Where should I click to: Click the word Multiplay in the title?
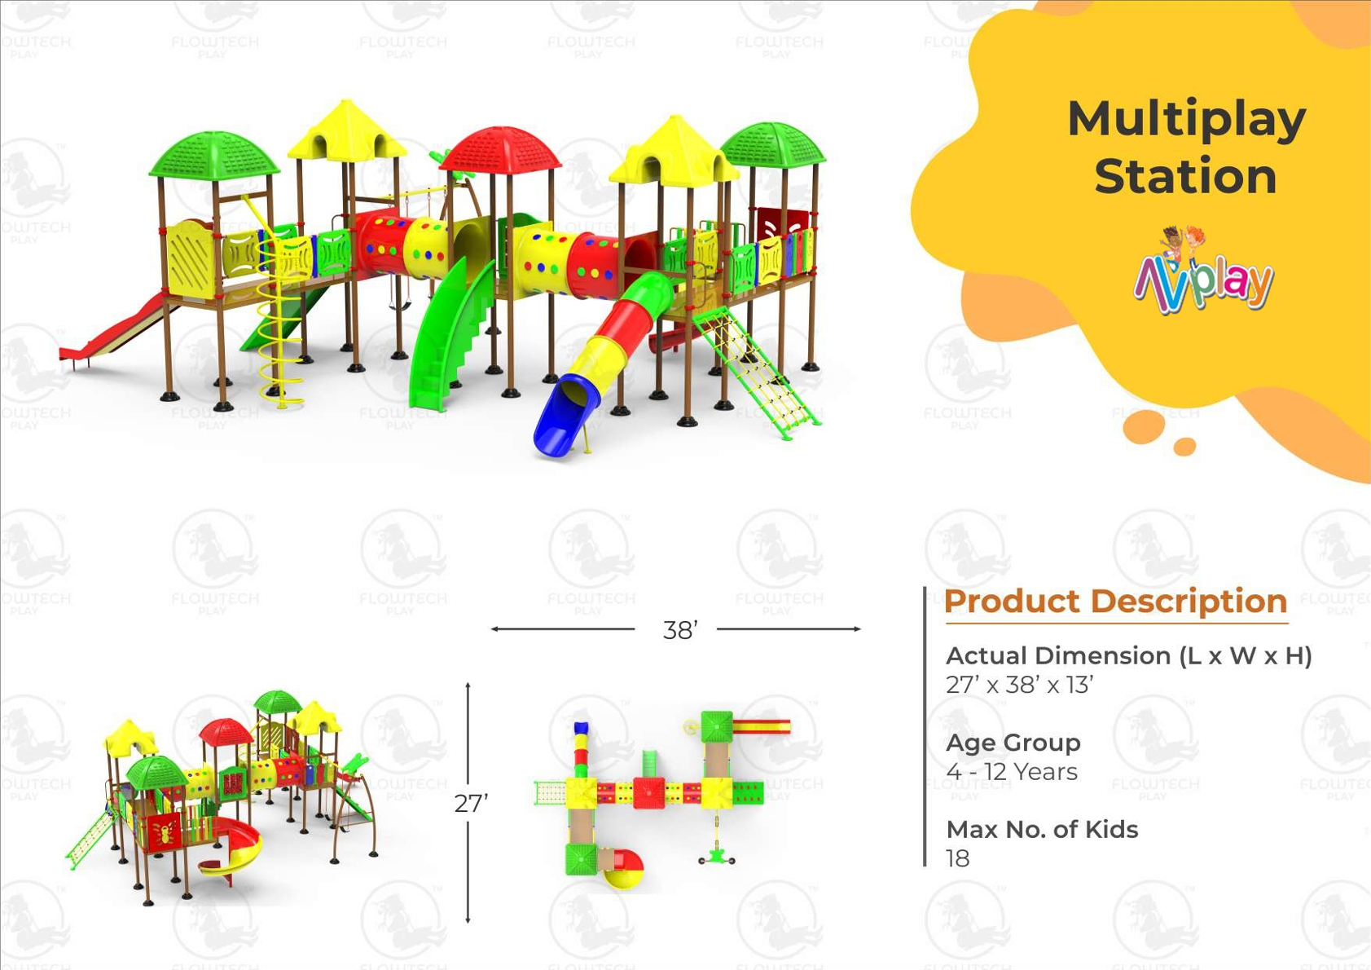pyautogui.click(x=1187, y=121)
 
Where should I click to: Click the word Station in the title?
pyautogui.click(x=1185, y=176)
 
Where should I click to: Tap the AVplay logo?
pyautogui.click(x=1202, y=271)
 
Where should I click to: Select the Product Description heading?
pyautogui.click(x=1116, y=601)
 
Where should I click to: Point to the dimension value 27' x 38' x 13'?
pyautogui.click(x=1020, y=685)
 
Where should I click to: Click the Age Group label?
pyautogui.click(x=1013, y=743)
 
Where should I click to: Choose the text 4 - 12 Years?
pyautogui.click(x=1012, y=772)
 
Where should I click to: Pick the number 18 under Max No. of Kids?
pyautogui.click(x=958, y=858)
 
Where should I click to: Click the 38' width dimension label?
pyautogui.click(x=680, y=630)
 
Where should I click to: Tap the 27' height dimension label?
pyautogui.click(x=471, y=804)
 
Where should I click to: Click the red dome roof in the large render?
pyautogui.click(x=500, y=151)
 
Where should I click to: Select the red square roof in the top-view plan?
pyautogui.click(x=648, y=793)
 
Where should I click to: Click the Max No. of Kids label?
pyautogui.click(x=1043, y=830)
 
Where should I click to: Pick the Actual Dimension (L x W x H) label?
pyautogui.click(x=1129, y=656)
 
